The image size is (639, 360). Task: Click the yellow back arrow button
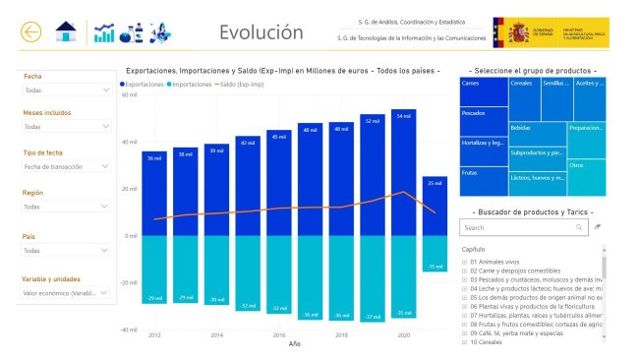click(31, 32)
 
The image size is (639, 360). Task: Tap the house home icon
click(66, 32)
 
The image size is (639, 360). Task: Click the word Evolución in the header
click(261, 32)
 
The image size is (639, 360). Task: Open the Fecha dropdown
click(67, 90)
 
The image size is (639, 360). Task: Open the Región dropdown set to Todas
click(67, 208)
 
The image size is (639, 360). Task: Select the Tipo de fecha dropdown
click(67, 167)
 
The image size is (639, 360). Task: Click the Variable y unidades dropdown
click(67, 292)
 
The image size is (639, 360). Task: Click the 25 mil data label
click(435, 183)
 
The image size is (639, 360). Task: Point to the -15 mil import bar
click(435, 255)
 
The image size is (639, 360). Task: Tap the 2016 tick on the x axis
click(279, 334)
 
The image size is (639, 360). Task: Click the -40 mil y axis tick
click(129, 330)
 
